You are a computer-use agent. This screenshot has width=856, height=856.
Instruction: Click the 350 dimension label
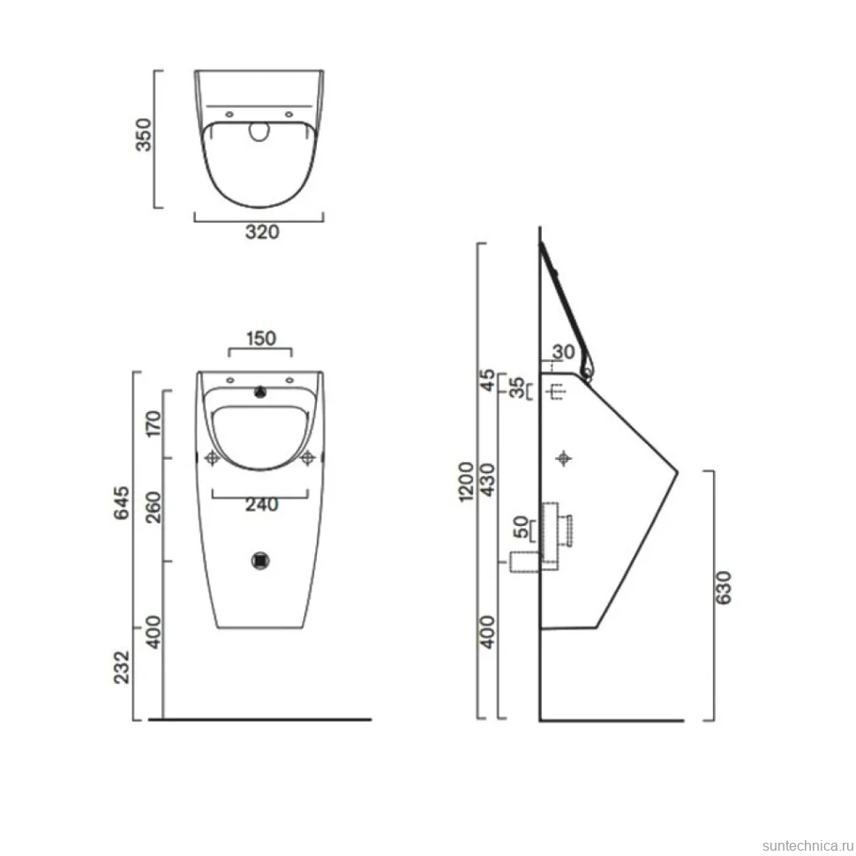coord(144,134)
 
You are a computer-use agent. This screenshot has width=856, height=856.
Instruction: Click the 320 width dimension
coord(262,232)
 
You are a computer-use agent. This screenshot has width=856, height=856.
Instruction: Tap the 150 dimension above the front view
coord(261,339)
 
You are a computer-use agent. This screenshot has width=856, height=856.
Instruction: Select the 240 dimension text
coord(261,505)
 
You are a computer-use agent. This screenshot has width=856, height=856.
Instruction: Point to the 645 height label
coord(121,502)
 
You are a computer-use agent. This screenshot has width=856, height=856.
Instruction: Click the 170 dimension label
coord(154,424)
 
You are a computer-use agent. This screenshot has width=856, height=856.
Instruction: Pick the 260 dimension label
coord(154,507)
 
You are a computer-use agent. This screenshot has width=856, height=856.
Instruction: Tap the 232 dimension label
coord(121,666)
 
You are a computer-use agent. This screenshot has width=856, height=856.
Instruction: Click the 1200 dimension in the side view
coord(466,482)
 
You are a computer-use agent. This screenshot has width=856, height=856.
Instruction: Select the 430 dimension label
coord(487,480)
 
